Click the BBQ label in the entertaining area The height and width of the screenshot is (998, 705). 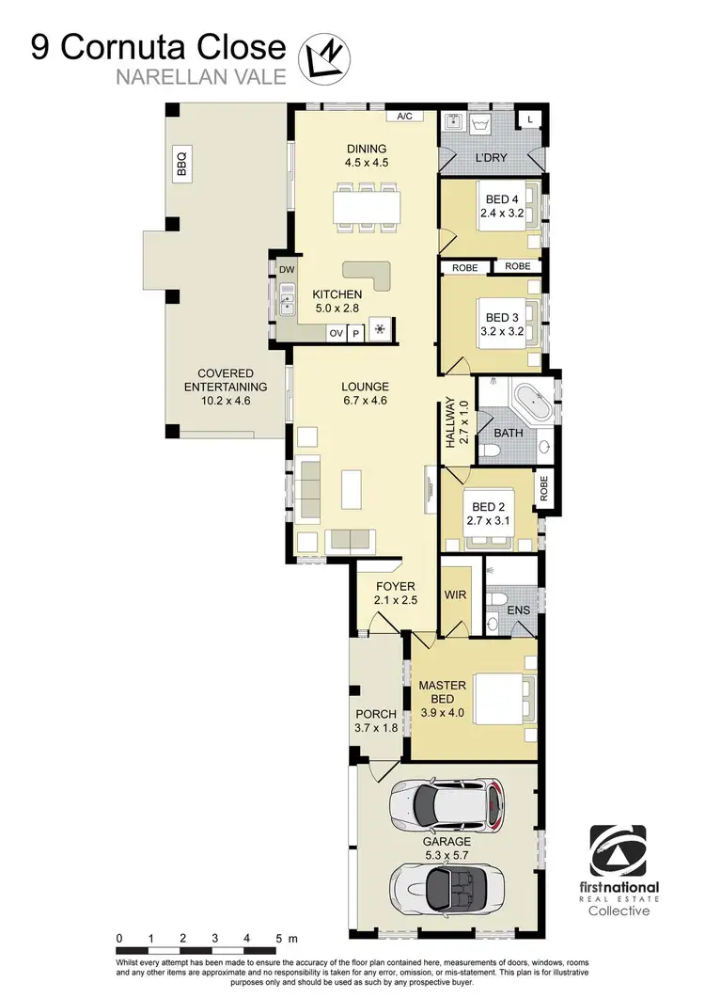[x=181, y=164]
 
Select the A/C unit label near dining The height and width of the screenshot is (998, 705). [x=405, y=117]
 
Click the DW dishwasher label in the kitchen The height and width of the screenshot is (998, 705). [x=286, y=270]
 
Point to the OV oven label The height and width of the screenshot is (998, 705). [x=336, y=332]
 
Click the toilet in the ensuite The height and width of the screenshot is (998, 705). [x=495, y=601]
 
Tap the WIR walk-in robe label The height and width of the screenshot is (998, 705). [x=455, y=595]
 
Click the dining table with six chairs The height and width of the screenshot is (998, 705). [x=367, y=206]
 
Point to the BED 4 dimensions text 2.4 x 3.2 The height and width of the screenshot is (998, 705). [x=500, y=214]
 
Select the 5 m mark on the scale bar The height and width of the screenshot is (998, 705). [x=280, y=940]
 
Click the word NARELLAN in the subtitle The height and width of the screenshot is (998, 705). [x=158, y=79]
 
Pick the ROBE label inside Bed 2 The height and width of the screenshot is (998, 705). [x=543, y=486]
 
